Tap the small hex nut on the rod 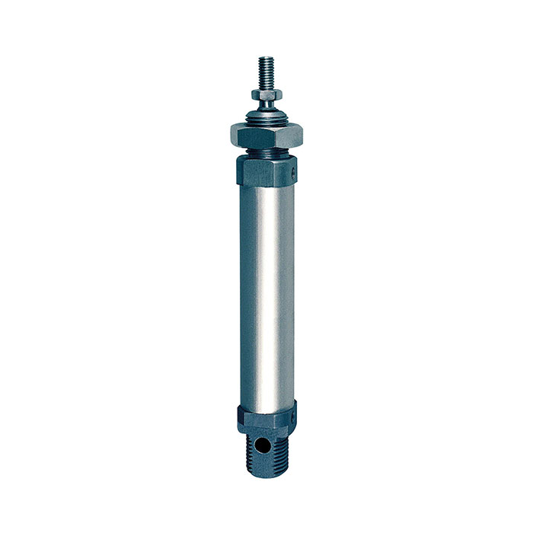coord(266,94)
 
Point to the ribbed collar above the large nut coord(266,116)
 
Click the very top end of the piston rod coord(266,58)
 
